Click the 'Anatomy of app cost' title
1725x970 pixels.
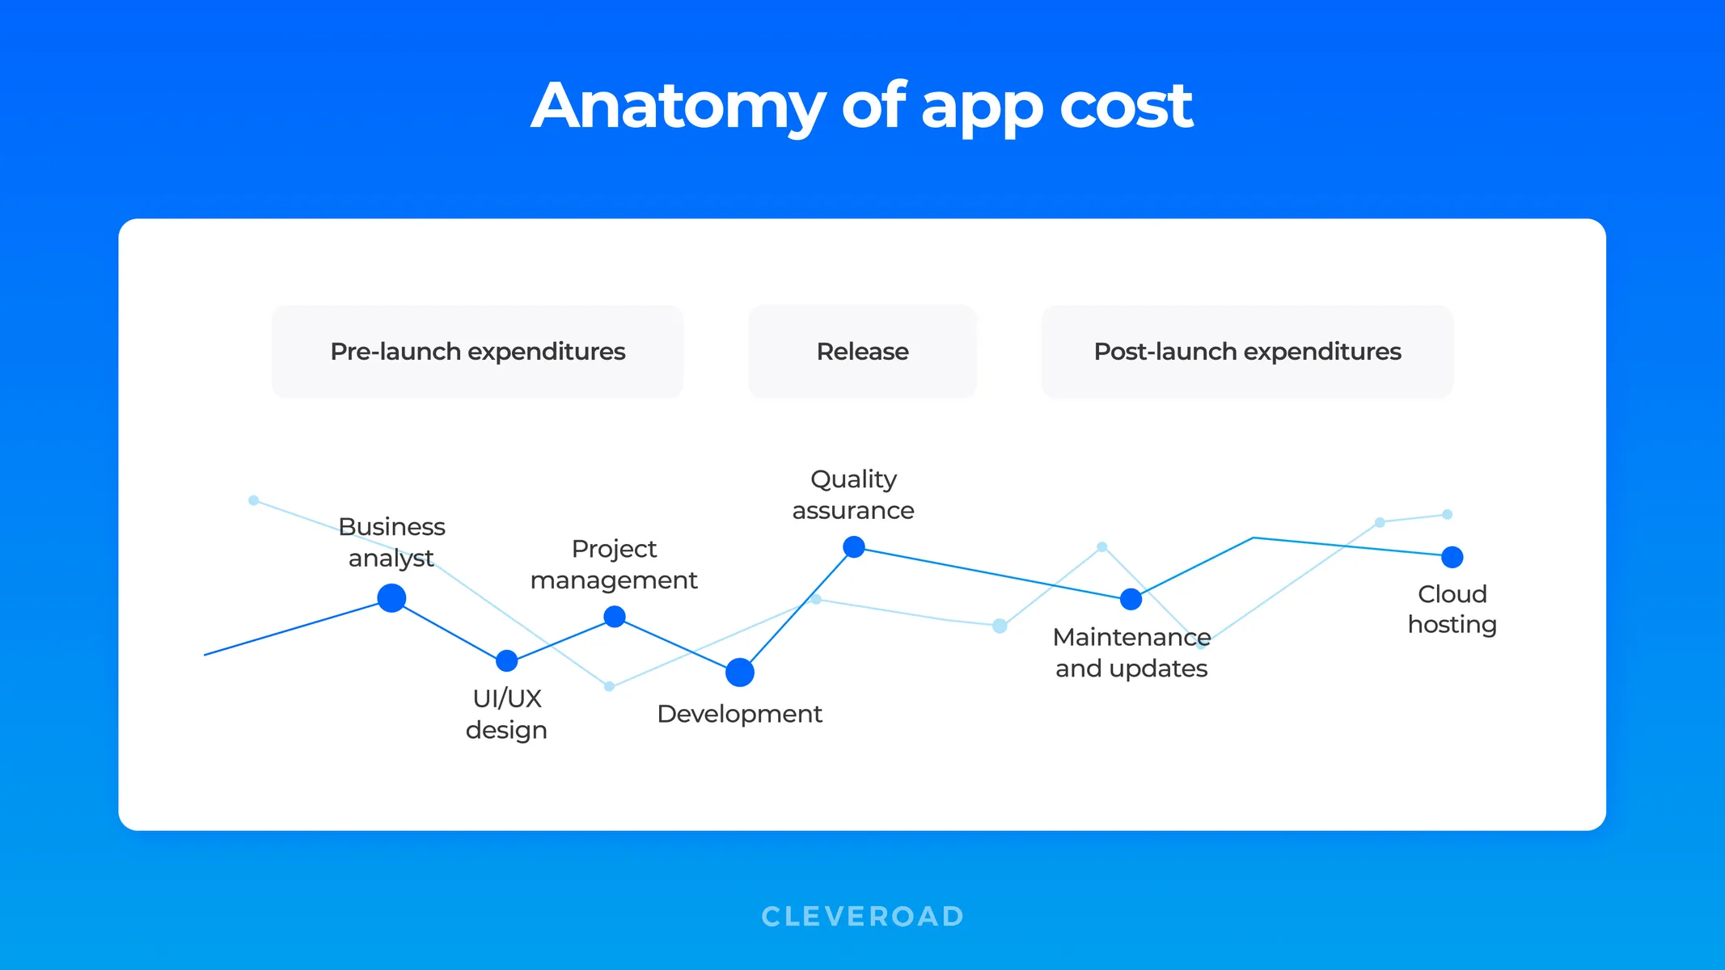pyautogui.click(x=861, y=106)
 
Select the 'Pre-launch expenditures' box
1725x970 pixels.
pyautogui.click(x=477, y=352)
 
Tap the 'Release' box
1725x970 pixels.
pyautogui.click(x=862, y=352)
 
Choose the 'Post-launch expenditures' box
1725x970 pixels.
pyautogui.click(x=1247, y=352)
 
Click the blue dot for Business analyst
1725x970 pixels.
pyautogui.click(x=391, y=598)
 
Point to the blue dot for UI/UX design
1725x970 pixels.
pyautogui.click(x=507, y=660)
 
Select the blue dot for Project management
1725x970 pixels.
pyautogui.click(x=615, y=617)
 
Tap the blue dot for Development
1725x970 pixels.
pyautogui.click(x=740, y=672)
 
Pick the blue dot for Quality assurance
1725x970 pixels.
pyautogui.click(x=854, y=547)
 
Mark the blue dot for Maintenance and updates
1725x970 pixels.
pyautogui.click(x=1131, y=599)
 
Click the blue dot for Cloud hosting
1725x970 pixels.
pyautogui.click(x=1452, y=557)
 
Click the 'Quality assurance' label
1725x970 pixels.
pyautogui.click(x=853, y=495)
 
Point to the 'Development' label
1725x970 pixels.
pyautogui.click(x=739, y=714)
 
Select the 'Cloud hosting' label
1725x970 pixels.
pyautogui.click(x=1452, y=609)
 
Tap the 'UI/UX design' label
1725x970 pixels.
pyautogui.click(x=507, y=714)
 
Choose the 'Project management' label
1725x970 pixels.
pyautogui.click(x=614, y=564)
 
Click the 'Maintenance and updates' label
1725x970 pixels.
pyautogui.click(x=1131, y=652)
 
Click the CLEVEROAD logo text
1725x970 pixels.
pyautogui.click(x=862, y=916)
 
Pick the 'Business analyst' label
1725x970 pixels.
pyautogui.click(x=391, y=542)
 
